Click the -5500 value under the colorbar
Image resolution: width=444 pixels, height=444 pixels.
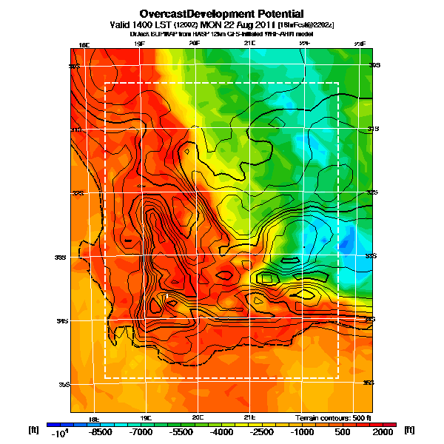181,431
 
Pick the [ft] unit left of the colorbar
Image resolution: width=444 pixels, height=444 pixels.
33,429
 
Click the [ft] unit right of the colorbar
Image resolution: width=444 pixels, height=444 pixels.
410,429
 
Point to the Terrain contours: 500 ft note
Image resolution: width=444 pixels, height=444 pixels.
331,417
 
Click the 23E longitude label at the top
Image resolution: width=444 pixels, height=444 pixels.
360,45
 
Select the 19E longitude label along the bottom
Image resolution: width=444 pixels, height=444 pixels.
146,417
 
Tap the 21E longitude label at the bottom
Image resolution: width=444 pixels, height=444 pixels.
249,417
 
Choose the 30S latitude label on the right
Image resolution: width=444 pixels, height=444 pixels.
374,65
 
